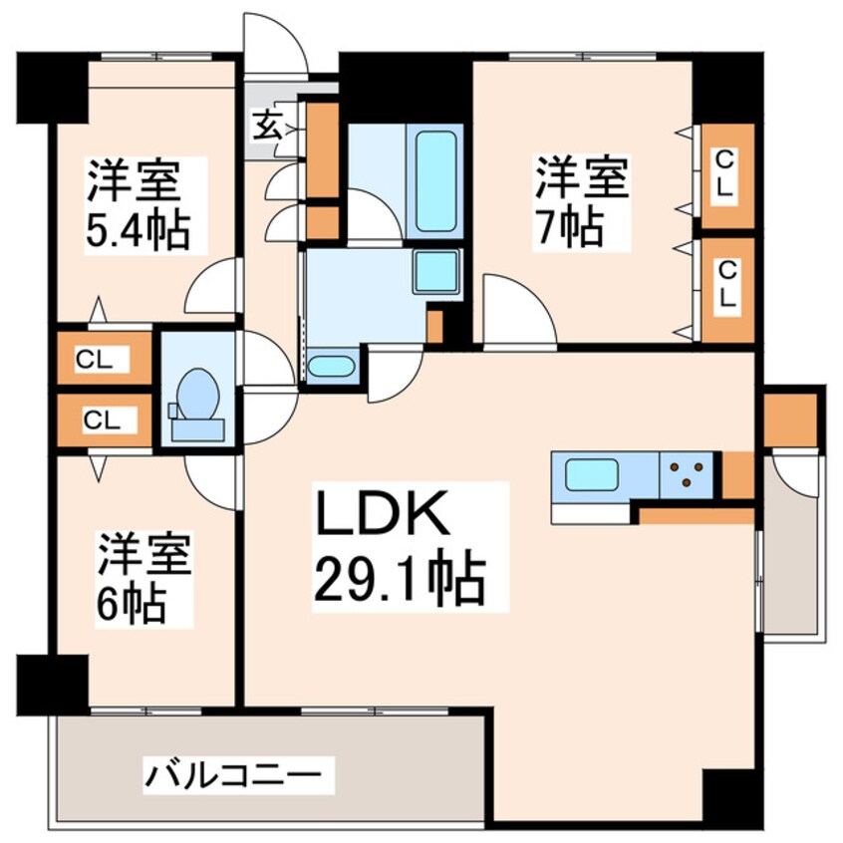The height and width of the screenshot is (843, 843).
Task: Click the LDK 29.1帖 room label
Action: pos(399,546)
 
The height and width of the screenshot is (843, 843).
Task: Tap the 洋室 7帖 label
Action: pos(582,201)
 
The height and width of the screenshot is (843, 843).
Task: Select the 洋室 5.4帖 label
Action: pos(136,204)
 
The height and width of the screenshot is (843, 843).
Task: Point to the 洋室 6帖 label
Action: pos(142,578)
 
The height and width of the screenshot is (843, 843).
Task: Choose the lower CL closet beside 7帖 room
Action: pos(726,283)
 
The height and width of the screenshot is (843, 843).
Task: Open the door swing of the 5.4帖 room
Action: pos(213,289)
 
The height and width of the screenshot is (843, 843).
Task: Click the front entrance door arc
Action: pos(277,42)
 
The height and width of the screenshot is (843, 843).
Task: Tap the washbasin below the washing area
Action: pos(331,366)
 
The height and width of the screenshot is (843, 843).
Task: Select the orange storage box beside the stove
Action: pos(736,474)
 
